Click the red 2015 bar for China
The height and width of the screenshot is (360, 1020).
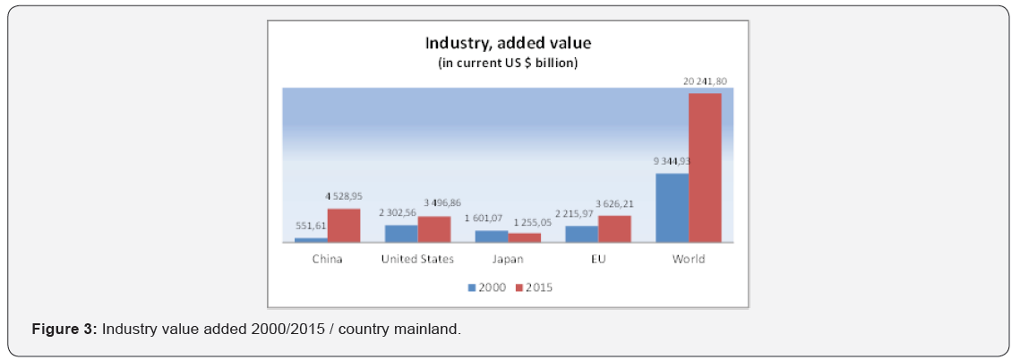coord(343,225)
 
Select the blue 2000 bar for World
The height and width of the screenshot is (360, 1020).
coord(673,208)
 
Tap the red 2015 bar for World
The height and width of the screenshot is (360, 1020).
coord(705,167)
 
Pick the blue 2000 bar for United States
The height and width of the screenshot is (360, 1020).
coord(401,233)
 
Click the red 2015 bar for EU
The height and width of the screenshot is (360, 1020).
coord(614,228)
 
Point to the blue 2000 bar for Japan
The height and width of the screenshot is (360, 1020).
coord(492,236)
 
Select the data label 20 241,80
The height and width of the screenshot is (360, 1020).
coord(705,82)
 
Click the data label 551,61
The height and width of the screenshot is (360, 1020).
coord(311,228)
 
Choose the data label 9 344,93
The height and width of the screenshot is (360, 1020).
coord(672,162)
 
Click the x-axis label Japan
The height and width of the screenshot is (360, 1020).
coord(508,260)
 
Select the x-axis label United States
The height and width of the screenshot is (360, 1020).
coord(417,260)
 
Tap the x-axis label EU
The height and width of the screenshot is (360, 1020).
coord(598,260)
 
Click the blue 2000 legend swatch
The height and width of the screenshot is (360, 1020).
coord(472,288)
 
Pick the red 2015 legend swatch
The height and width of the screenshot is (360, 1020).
coord(519,288)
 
